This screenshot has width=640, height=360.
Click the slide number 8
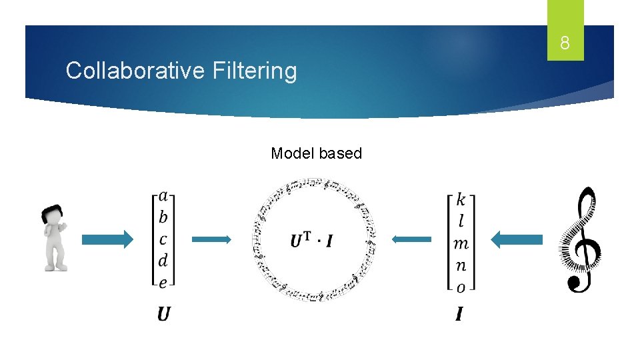[x=565, y=44]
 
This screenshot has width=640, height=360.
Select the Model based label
[x=316, y=153]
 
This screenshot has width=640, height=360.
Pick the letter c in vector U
[x=163, y=239]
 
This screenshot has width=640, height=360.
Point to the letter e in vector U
[x=163, y=282]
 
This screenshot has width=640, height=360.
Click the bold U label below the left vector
[x=164, y=313]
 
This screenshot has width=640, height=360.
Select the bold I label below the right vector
[x=459, y=313]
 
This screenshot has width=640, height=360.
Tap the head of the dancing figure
[x=52, y=216]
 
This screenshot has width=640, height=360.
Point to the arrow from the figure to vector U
[x=107, y=239]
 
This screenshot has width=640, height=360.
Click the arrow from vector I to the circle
[x=411, y=239]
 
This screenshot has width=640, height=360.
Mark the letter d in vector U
[x=163, y=260]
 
